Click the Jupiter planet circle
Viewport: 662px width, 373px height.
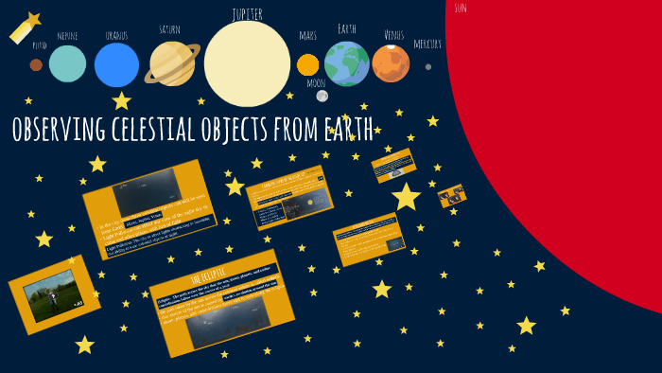[x=247, y=63]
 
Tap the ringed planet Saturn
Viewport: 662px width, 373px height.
[x=172, y=63]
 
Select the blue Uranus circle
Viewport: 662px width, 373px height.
[x=116, y=64]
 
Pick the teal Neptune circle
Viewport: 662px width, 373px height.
[x=67, y=63]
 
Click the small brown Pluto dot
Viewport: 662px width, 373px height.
[x=36, y=65]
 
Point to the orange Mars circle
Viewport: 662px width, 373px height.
[x=307, y=64]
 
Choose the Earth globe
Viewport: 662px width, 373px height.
[x=347, y=63]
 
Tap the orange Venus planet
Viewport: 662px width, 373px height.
[x=391, y=63]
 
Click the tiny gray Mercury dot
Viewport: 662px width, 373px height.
[x=428, y=66]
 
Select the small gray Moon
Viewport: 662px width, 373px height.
[x=322, y=96]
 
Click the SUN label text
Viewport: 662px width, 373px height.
[x=461, y=9]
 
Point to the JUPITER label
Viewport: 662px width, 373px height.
[x=247, y=14]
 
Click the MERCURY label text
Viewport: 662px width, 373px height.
[x=427, y=44]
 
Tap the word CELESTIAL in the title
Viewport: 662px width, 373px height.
[x=161, y=130]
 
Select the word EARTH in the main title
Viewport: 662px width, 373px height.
[x=345, y=130]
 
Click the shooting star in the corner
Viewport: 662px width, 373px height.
[x=25, y=28]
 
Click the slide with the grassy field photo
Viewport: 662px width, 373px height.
[x=54, y=294]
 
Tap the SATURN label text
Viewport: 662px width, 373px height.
[x=169, y=29]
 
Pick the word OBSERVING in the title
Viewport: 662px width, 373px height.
[x=59, y=130]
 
